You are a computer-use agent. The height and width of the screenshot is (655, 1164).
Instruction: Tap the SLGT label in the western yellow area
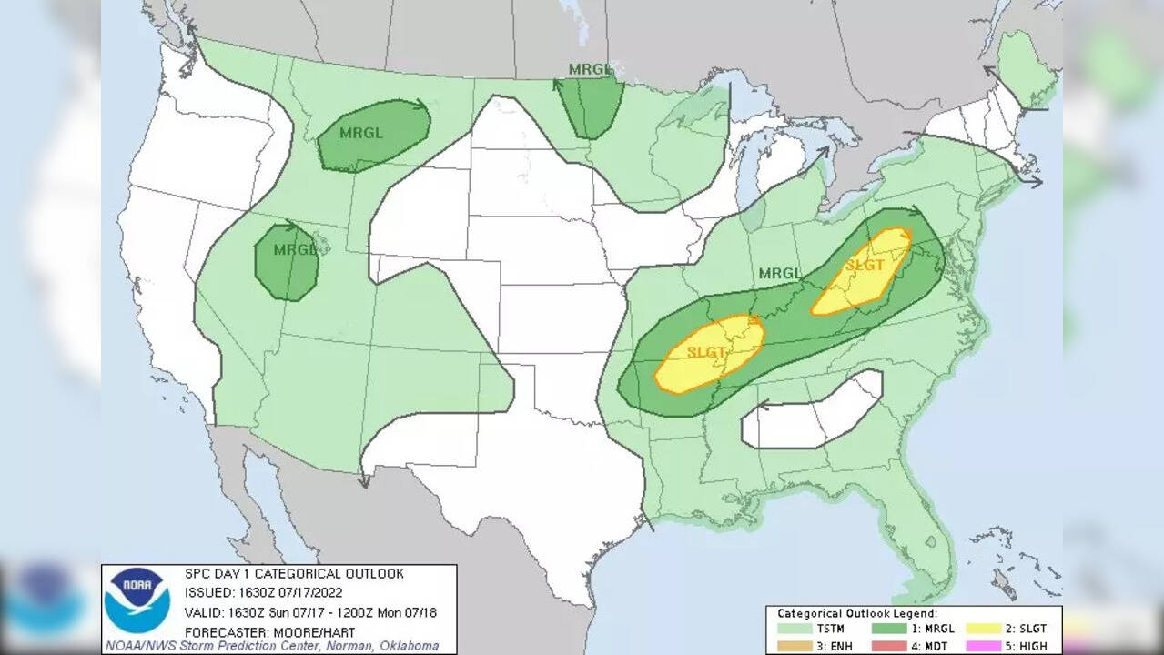tap(706, 351)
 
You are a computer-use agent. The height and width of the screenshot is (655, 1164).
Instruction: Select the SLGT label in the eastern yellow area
tap(864, 266)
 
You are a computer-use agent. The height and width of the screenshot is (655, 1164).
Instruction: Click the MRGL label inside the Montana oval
tap(361, 132)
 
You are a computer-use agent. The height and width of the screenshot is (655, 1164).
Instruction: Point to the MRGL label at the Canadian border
tap(590, 69)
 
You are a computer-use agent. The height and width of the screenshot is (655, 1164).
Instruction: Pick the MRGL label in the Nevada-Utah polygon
tap(295, 249)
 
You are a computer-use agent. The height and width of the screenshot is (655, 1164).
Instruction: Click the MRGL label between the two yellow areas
tap(780, 273)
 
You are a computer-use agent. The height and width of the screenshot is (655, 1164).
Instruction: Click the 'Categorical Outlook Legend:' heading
tap(856, 614)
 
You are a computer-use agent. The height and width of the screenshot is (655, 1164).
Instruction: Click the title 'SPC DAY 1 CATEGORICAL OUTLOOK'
tap(294, 574)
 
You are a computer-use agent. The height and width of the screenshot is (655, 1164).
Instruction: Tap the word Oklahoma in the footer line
tap(402, 646)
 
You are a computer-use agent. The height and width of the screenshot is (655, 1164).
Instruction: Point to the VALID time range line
tap(310, 612)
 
